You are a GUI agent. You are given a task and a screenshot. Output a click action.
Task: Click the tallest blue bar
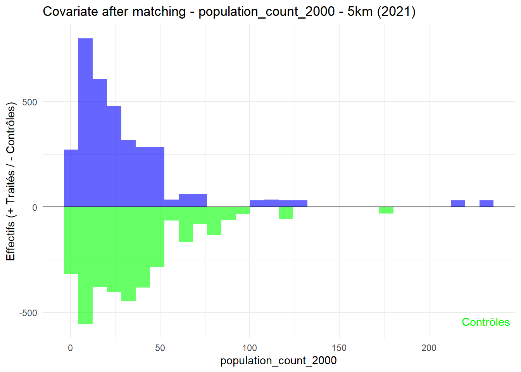(85, 122)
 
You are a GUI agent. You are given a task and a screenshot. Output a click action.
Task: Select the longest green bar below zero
(85, 265)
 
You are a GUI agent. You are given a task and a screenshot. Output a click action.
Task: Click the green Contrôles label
(485, 322)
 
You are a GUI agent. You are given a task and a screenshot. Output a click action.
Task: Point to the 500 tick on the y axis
(29, 102)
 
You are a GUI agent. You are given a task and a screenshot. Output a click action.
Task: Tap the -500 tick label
(28, 313)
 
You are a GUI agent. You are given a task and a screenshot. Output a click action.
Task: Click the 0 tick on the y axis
(35, 208)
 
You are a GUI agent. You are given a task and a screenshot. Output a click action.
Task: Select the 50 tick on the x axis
(160, 348)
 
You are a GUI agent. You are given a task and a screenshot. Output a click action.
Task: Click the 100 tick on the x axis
(249, 348)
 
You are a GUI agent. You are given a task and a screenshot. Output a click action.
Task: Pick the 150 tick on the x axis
(339, 348)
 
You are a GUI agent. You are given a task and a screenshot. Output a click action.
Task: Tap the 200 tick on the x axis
(429, 348)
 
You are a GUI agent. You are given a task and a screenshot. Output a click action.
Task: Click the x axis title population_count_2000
(278, 361)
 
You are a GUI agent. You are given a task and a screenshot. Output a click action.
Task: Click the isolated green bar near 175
(386, 210)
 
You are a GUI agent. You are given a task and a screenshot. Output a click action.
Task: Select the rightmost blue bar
(486, 204)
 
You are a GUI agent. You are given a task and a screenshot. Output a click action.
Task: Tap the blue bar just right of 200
(457, 204)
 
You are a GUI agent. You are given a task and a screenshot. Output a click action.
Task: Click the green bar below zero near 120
(286, 213)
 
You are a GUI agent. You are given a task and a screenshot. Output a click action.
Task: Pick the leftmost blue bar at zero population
(71, 178)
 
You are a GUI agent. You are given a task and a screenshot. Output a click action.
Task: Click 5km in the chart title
(360, 12)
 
